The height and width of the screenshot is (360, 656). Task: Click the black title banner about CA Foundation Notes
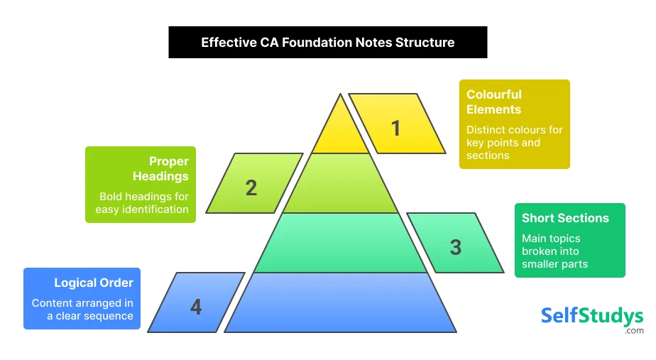[327, 43]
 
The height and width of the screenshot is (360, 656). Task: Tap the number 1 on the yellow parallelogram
[395, 129]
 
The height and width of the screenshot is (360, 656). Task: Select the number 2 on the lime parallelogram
[251, 188]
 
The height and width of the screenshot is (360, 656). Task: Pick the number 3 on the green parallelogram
[455, 247]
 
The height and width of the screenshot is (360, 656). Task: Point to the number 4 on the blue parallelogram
[196, 307]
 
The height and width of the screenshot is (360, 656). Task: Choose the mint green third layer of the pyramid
[341, 244]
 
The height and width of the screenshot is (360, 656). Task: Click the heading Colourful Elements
[494, 102]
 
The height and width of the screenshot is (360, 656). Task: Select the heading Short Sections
[565, 218]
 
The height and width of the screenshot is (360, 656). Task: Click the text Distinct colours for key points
[514, 143]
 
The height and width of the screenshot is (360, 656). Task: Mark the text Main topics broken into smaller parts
[554, 251]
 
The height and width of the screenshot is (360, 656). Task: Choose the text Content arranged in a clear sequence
[82, 310]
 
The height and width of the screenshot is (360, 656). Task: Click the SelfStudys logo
[591, 315]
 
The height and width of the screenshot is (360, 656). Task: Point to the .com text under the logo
[634, 331]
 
